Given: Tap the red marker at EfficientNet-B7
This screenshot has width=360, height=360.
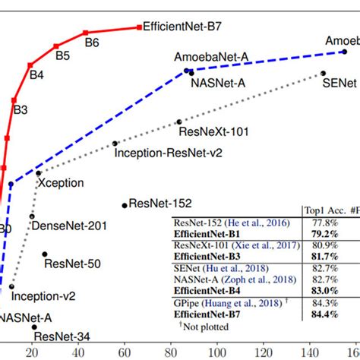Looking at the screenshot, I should click(140, 27).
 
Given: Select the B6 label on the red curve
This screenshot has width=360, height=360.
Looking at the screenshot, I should click(92, 43).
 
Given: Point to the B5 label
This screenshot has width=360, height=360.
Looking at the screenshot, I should click(62, 55).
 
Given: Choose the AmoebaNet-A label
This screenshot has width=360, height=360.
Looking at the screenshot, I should click(207, 58).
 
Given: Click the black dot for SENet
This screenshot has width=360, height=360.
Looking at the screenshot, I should click(323, 74).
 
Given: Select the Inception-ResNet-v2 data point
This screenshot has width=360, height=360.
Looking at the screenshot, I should click(115, 143).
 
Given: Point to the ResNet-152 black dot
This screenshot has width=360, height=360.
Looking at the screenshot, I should click(124, 204).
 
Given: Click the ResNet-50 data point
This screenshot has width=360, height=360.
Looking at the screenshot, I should click(45, 254).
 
